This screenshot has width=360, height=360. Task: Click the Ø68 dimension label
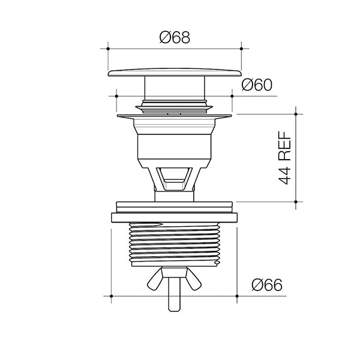[175, 37]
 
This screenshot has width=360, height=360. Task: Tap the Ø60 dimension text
[257, 85]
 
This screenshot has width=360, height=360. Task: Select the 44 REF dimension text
[285, 158]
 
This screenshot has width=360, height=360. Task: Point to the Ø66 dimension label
[267, 285]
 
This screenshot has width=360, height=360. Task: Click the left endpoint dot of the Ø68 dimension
[108, 49]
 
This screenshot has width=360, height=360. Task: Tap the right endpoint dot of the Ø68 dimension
[241, 49]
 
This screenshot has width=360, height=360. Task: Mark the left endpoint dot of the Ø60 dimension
[116, 96]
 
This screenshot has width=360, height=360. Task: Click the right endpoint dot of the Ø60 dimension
[232, 96]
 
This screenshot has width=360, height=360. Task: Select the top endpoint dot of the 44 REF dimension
[296, 114]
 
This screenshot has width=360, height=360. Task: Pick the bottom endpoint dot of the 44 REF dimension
[296, 202]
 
